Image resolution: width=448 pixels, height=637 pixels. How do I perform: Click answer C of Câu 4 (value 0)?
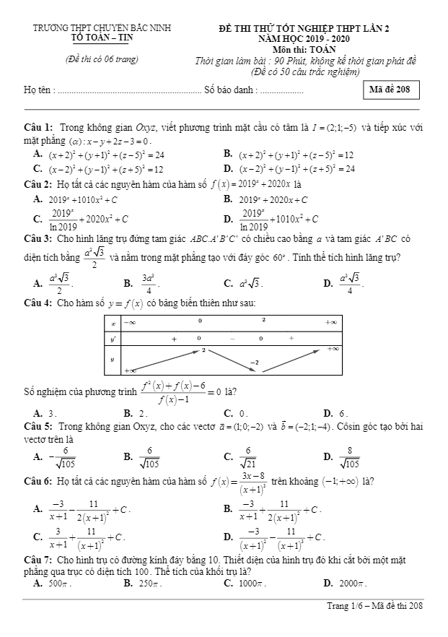click(x=238, y=414)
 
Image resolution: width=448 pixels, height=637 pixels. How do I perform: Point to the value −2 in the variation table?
click(x=254, y=361)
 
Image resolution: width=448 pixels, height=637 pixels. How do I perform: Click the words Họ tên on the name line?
click(x=38, y=90)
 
